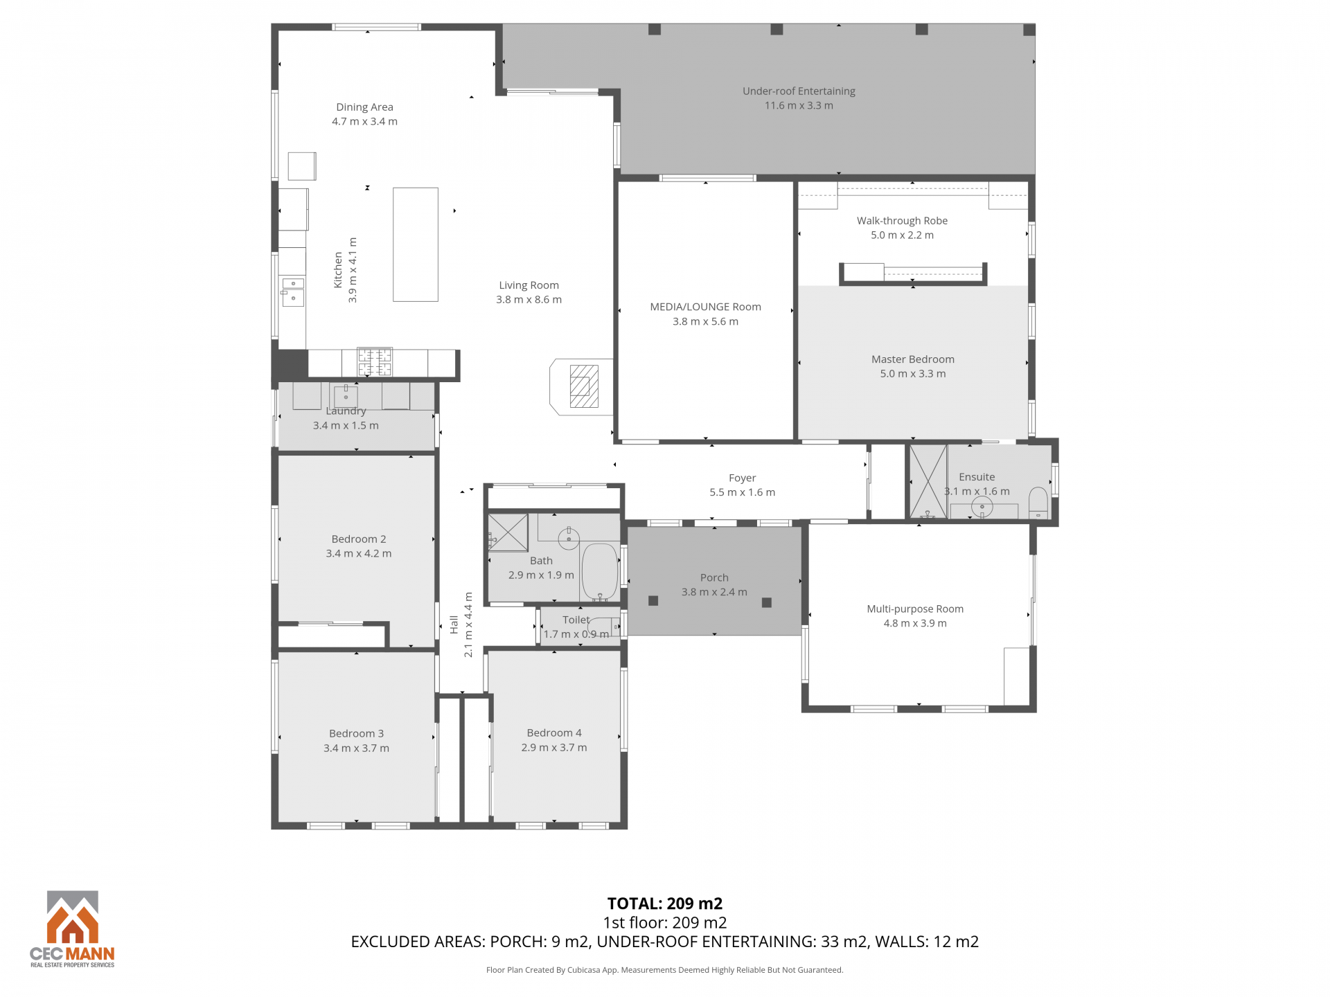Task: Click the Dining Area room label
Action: coord(364,107)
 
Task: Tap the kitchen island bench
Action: coord(416,244)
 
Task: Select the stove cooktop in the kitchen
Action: coord(375,362)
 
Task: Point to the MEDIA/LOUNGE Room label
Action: coord(705,307)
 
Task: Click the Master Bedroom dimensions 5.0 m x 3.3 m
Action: coord(913,374)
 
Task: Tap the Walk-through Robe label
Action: coord(902,221)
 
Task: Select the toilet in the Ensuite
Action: coord(1038,503)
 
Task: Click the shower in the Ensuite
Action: coord(928,481)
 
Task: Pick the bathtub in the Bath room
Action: coord(600,572)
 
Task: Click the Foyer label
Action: coord(742,478)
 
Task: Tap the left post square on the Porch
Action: coord(653,600)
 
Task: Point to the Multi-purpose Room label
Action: coord(915,609)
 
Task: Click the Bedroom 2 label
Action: coord(359,539)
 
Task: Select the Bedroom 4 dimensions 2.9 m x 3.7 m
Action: coord(554,748)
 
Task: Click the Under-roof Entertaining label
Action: coord(799,91)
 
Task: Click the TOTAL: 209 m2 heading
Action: coord(665,904)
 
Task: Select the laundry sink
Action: coord(346,396)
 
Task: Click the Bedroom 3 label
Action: coord(356,734)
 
